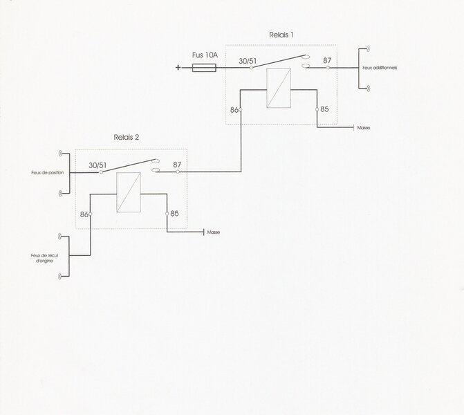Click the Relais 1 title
tap(281, 35)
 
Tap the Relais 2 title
tap(127, 138)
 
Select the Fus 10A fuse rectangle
tap(204, 68)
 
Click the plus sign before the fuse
tap(178, 68)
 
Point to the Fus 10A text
tap(205, 55)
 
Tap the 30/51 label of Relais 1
tap(248, 61)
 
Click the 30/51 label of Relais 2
tap(98, 165)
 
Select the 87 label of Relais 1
tap(327, 60)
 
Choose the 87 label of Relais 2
tap(177, 165)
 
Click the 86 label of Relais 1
tap(234, 110)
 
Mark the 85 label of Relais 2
tap(174, 214)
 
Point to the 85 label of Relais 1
tap(324, 109)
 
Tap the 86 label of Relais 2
tap(84, 214)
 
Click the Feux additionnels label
tap(380, 68)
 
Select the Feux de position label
tap(48, 173)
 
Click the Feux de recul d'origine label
tap(44, 258)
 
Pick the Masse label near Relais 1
tap(364, 128)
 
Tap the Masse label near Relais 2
tap(214, 232)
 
